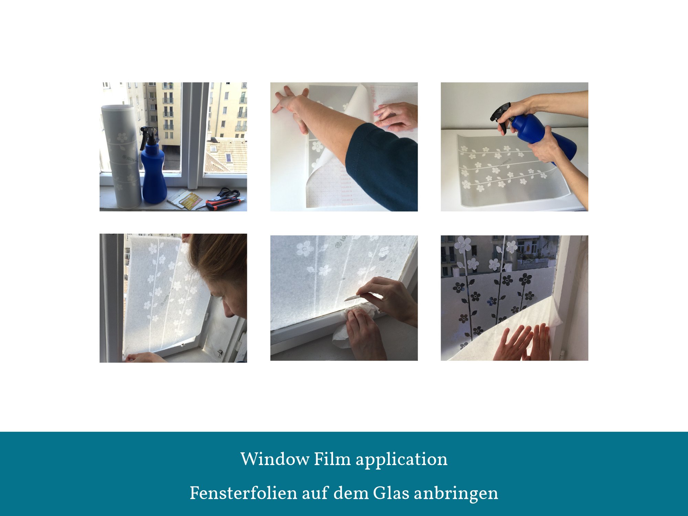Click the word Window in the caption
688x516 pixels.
coord(275,459)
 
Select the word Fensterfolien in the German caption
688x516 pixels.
coord(244,493)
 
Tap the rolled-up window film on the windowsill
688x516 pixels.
coord(121,157)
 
